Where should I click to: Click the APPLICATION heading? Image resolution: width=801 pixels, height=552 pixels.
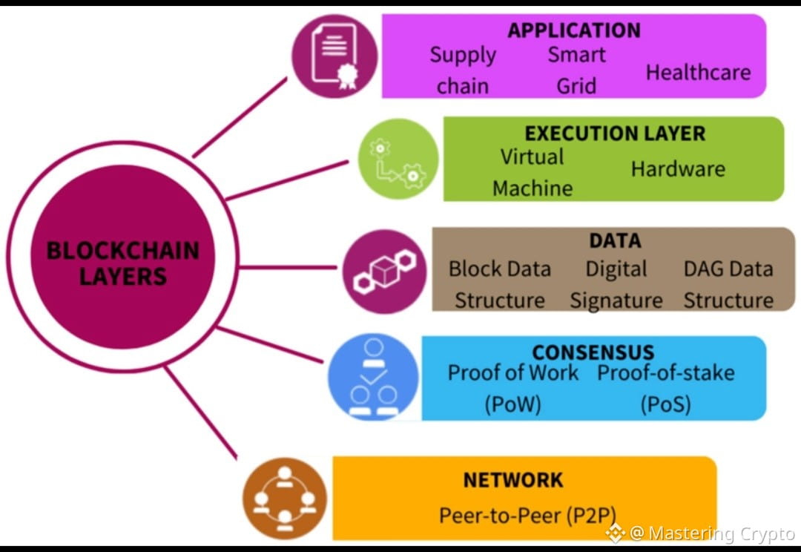click(573, 30)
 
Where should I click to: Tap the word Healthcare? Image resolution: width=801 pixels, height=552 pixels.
click(698, 72)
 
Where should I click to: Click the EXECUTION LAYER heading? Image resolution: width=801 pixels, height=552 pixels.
click(615, 134)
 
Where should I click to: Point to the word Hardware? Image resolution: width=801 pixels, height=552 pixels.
click(678, 168)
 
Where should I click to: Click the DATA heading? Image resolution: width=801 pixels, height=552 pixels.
click(615, 240)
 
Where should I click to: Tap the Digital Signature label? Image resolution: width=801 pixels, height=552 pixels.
click(616, 284)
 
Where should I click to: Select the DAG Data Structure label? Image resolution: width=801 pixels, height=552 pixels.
click(728, 284)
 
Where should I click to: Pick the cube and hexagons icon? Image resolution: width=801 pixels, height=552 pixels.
click(385, 271)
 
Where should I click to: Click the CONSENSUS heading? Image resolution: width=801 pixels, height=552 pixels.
click(593, 352)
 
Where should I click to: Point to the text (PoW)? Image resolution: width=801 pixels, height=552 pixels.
click(512, 404)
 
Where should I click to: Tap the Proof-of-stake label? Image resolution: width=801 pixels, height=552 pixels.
click(666, 372)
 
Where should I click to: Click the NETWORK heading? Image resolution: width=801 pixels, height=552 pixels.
click(513, 480)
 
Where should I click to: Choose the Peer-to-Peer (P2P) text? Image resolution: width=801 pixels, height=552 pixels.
click(527, 515)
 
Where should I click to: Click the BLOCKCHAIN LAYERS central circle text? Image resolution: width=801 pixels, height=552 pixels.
click(123, 263)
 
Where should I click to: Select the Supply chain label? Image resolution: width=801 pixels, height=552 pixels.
click(463, 70)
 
